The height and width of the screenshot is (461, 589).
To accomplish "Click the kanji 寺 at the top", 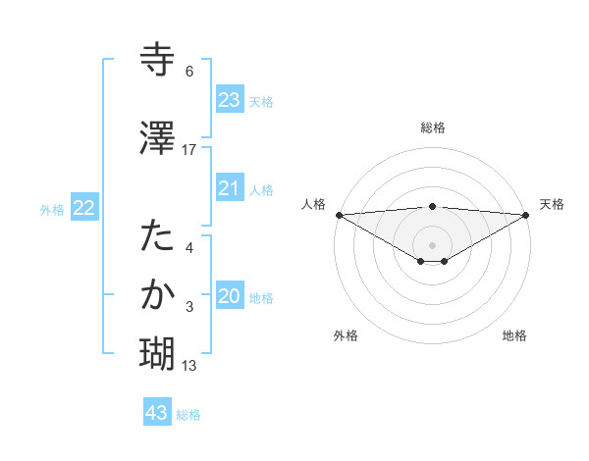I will point(158,58).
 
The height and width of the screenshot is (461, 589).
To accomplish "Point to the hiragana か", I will point(158,294).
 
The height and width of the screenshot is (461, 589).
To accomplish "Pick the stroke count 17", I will point(189,149).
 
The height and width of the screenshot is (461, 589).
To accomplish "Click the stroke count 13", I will point(189,366).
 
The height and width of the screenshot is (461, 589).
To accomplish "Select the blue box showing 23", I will point(229,99).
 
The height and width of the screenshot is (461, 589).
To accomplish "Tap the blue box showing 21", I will point(229,188).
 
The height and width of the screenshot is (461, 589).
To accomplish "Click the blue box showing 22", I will point(83,208).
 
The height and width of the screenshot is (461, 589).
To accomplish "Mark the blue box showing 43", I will point(156,413).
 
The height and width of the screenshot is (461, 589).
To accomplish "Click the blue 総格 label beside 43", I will point(188,415).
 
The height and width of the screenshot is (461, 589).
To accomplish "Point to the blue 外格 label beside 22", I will point(52,209).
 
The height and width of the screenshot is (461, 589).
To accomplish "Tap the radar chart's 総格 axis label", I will point(433,128).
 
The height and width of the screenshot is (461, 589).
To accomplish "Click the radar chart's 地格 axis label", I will point(514,336).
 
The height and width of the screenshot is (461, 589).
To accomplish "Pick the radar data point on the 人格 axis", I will point(339,215).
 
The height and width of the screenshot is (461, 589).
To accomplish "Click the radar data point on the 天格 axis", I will point(526,215).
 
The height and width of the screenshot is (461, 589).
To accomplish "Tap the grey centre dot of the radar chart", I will point(432,244).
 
